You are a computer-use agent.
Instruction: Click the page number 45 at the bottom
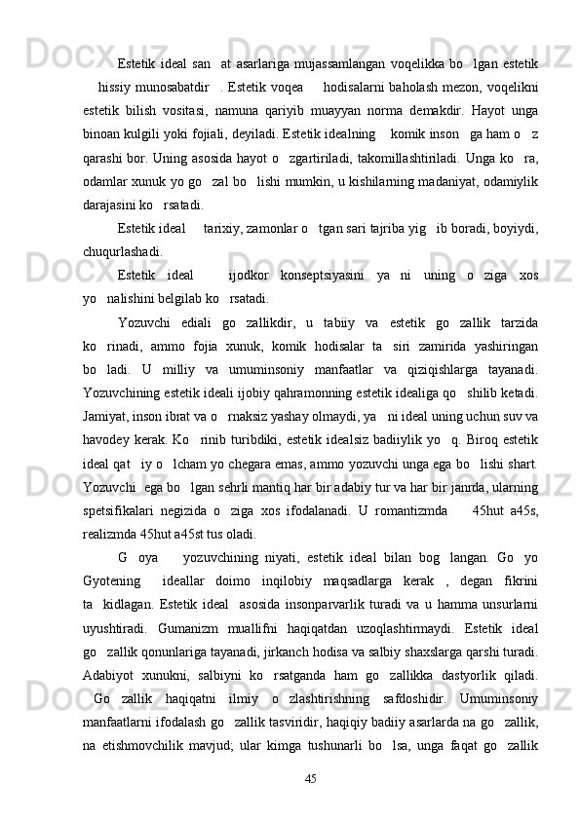311,777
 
